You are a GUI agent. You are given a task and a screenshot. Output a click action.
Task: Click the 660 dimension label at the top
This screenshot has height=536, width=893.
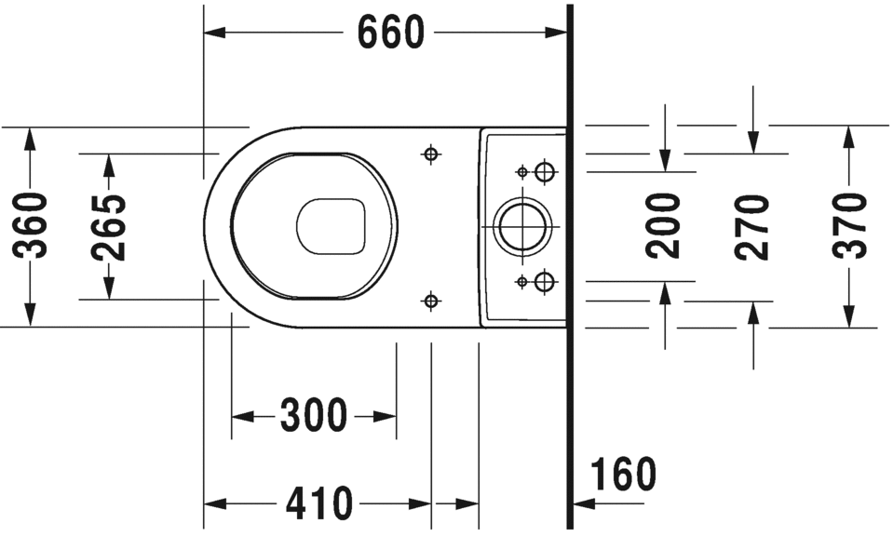tap(390, 33)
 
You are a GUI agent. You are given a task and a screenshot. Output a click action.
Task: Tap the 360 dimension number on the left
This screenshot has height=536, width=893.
tap(32, 225)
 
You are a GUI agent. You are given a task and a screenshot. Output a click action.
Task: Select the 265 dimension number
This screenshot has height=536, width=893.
tap(109, 226)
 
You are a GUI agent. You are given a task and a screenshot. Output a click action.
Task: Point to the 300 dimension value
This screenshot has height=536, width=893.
tap(314, 415)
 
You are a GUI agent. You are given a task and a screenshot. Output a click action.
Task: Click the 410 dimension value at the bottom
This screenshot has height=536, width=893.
tap(319, 503)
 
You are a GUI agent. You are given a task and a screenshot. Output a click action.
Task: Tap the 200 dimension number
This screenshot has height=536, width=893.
tap(664, 225)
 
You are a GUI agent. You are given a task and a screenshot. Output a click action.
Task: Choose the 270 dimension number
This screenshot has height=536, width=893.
tap(752, 226)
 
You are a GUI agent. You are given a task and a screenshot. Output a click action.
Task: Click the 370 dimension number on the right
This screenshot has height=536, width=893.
tap(848, 225)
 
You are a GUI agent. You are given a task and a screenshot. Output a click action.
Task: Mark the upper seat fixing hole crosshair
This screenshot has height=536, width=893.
tap(430, 154)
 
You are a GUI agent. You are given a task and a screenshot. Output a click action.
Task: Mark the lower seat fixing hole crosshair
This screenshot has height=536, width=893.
tap(430, 300)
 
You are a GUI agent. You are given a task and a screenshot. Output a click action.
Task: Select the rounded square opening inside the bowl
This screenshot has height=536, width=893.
tap(331, 226)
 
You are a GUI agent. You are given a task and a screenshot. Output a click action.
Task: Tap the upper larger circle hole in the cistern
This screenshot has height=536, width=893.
tap(545, 171)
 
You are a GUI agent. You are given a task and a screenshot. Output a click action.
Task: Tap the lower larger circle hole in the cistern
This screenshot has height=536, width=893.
tap(545, 281)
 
